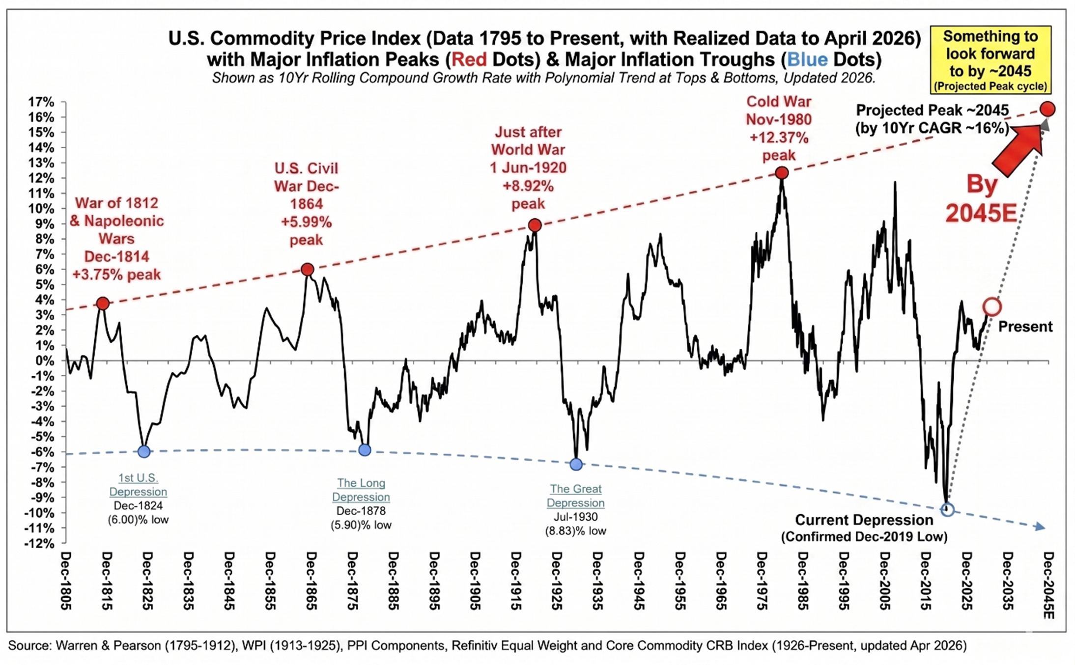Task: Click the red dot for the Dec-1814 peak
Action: click(103, 304)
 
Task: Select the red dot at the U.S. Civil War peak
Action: click(308, 269)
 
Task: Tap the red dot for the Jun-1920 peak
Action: click(535, 225)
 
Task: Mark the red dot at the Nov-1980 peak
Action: click(782, 173)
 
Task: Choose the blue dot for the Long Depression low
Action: click(365, 450)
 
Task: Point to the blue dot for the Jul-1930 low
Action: click(576, 464)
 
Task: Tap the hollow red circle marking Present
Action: click(992, 307)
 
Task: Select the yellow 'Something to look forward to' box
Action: click(990, 60)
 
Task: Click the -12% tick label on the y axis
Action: click(39, 543)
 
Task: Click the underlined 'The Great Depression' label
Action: click(575, 496)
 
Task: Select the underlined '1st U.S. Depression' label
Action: click(138, 485)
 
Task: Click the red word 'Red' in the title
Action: click(469, 59)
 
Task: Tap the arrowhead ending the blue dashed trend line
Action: click(1040, 527)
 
